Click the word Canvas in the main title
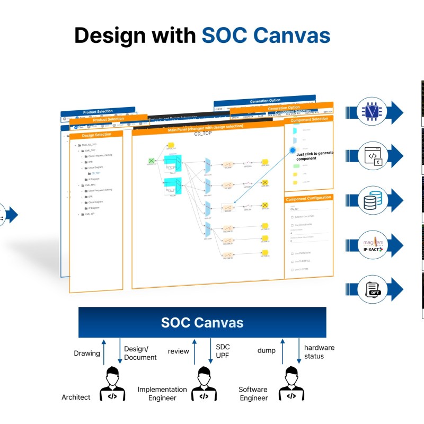[290, 35]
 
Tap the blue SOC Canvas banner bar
[202, 322]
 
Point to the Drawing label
[87, 354]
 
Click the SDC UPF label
[223, 351]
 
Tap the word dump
[267, 350]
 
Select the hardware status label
[319, 352]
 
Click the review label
[178, 351]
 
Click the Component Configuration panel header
[308, 198]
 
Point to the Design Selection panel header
[96, 135]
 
